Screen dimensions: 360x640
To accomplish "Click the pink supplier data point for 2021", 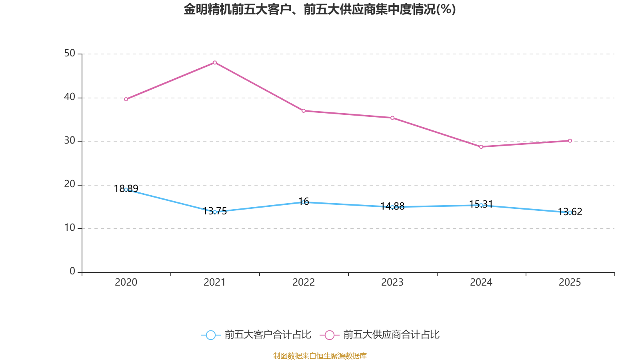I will click(x=215, y=62).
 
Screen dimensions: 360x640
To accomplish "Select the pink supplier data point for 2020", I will click(x=126, y=99).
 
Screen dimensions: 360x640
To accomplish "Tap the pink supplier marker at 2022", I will click(x=304, y=111).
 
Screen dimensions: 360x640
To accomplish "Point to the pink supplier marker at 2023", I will click(x=392, y=118).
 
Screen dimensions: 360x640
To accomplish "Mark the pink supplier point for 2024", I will click(x=481, y=147).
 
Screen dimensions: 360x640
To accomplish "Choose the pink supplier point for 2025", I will click(x=570, y=141).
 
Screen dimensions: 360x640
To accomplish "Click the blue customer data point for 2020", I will click(x=126, y=190).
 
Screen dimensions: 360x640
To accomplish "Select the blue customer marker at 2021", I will click(x=215, y=212).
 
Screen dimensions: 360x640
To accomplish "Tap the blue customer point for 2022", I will click(x=304, y=202).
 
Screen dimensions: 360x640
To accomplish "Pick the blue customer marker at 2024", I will click(x=481, y=205).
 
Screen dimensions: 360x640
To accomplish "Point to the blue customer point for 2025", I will click(x=570, y=212).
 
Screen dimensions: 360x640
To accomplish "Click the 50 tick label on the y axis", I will click(x=70, y=53).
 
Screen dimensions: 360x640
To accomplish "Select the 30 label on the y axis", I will click(x=70, y=140).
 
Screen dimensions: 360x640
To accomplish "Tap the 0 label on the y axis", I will click(x=72, y=271).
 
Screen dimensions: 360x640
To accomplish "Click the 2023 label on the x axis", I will click(x=392, y=282).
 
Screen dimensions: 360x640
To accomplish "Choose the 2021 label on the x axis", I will click(x=215, y=282).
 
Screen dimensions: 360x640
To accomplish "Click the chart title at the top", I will click(x=320, y=9).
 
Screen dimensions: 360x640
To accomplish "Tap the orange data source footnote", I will click(x=320, y=356).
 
